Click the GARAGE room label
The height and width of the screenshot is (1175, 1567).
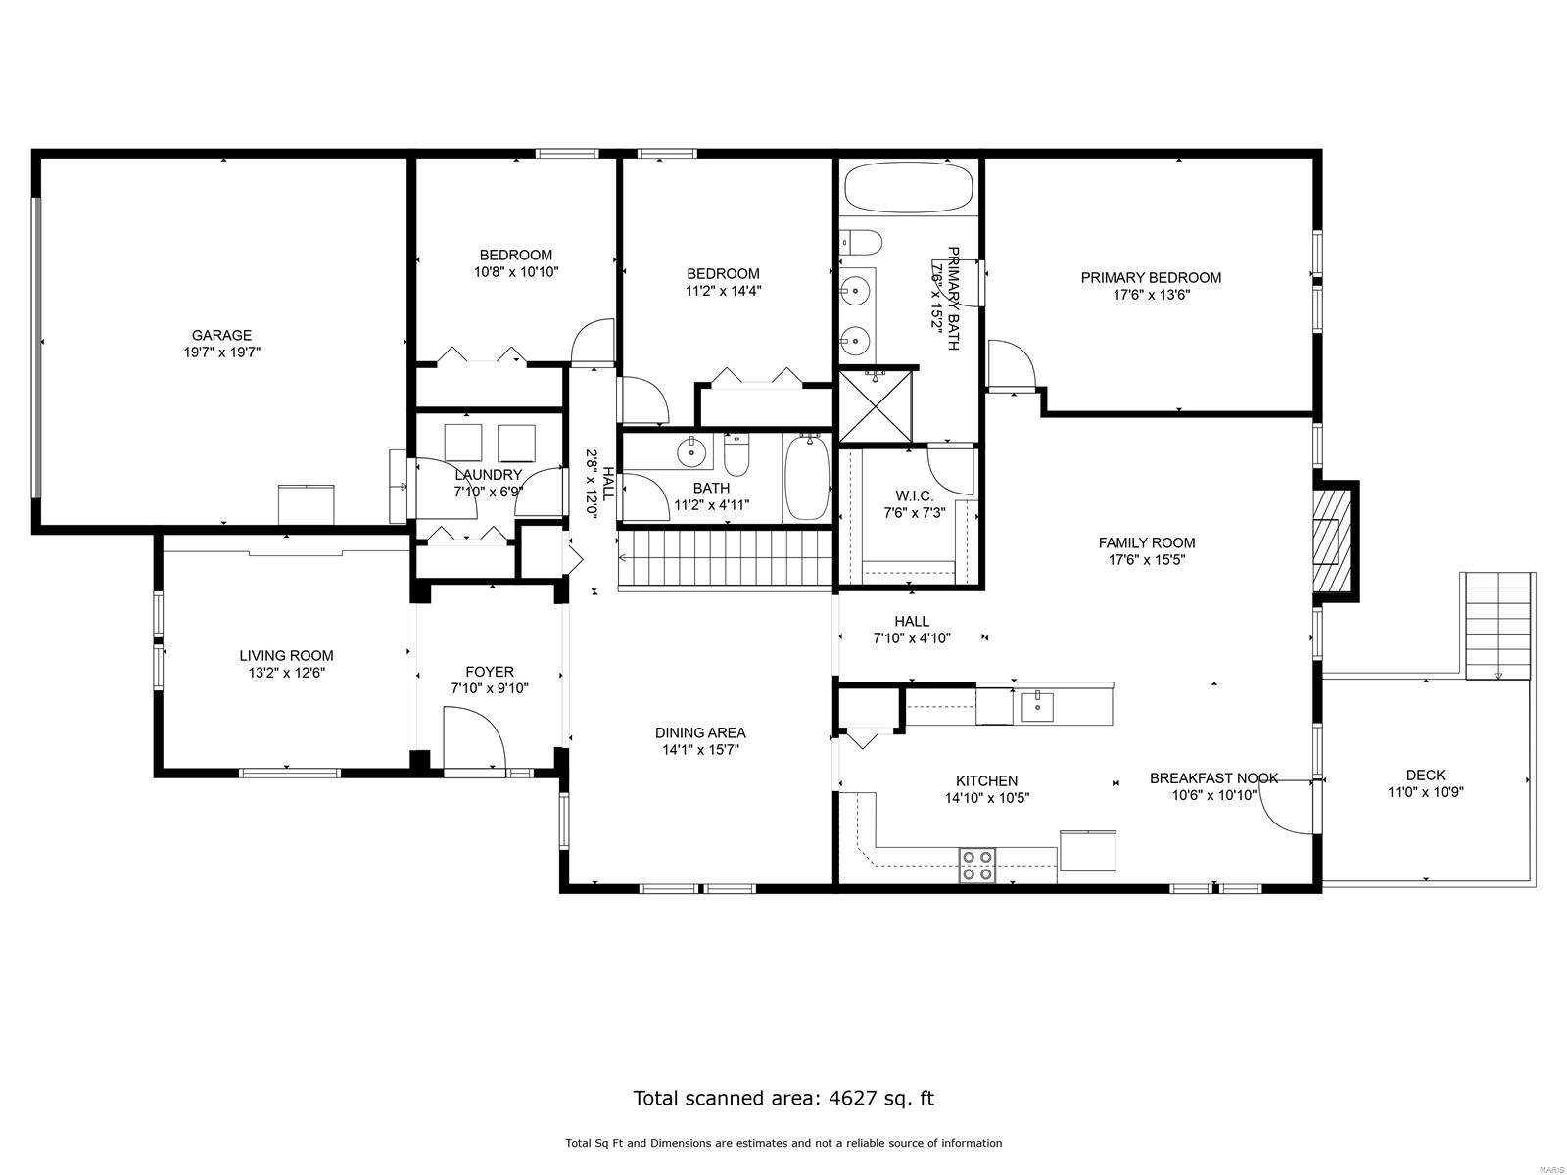click(221, 335)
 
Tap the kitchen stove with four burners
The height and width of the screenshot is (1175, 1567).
click(976, 866)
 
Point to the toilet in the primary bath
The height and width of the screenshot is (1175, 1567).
click(862, 241)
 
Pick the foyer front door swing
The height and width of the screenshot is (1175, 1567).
click(473, 739)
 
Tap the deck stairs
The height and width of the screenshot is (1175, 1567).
click(1497, 627)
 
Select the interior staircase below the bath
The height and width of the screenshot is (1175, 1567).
click(725, 559)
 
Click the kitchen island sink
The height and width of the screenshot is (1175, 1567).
click(1037, 705)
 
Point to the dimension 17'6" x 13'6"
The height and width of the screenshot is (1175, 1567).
click(1151, 295)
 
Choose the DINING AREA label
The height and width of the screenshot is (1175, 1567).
click(700, 732)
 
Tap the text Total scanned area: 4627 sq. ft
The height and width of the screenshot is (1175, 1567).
click(783, 1098)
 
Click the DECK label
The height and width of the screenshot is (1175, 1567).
click(1425, 775)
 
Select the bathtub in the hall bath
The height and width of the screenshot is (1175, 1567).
click(807, 478)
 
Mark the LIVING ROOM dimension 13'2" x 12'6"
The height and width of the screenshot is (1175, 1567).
click(286, 673)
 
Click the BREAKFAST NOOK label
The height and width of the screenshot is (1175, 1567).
click(1213, 778)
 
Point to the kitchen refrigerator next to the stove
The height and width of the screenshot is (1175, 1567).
click(1087, 850)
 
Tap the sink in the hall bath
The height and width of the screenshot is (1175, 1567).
click(691, 452)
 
